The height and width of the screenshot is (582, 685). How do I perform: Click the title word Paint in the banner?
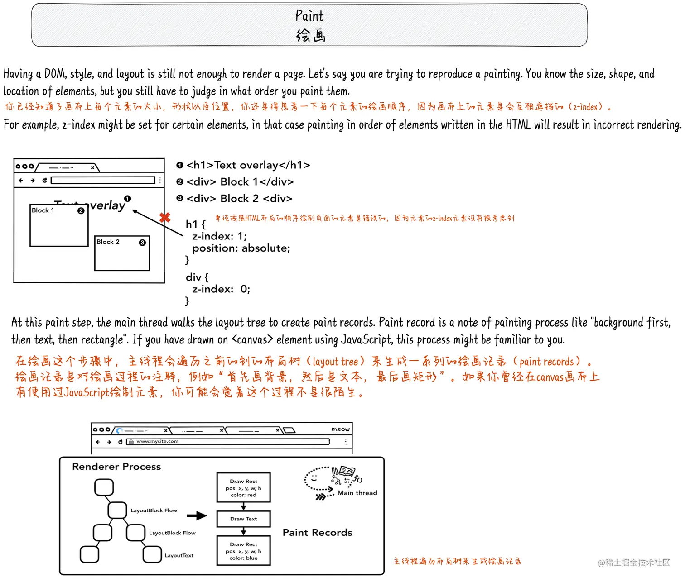pyautogui.click(x=309, y=16)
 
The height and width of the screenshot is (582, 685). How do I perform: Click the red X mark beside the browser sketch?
pyautogui.click(x=165, y=218)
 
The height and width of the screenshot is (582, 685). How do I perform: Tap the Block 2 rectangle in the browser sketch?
pyautogui.click(x=122, y=253)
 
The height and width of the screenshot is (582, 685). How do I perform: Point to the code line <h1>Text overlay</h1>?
pyautogui.click(x=248, y=165)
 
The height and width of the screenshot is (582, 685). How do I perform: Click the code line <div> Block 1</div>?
pyautogui.click(x=240, y=182)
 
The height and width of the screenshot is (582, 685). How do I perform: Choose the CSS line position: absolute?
pyautogui.click(x=241, y=248)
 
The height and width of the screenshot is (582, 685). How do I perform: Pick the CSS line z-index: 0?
pyautogui.click(x=221, y=289)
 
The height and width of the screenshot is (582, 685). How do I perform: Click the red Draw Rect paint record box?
pyautogui.click(x=243, y=488)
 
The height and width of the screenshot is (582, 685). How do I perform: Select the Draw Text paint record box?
pyautogui.click(x=243, y=519)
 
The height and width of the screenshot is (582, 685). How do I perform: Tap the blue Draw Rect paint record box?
pyautogui.click(x=243, y=551)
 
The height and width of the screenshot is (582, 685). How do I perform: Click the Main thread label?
pyautogui.click(x=357, y=493)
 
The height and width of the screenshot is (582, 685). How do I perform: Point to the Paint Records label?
pyautogui.click(x=317, y=533)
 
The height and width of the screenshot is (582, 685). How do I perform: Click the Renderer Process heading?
pyautogui.click(x=116, y=467)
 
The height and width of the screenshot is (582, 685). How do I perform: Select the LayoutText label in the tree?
pyautogui.click(x=179, y=555)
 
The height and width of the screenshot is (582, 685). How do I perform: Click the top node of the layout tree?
pyautogui.click(x=104, y=487)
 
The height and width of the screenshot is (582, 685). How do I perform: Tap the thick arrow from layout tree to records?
pyautogui.click(x=197, y=515)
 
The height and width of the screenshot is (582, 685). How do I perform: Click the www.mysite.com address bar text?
pyautogui.click(x=157, y=441)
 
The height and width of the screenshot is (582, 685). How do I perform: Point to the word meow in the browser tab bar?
pyautogui.click(x=340, y=429)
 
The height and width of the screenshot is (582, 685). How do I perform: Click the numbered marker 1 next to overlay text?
pyautogui.click(x=128, y=199)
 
